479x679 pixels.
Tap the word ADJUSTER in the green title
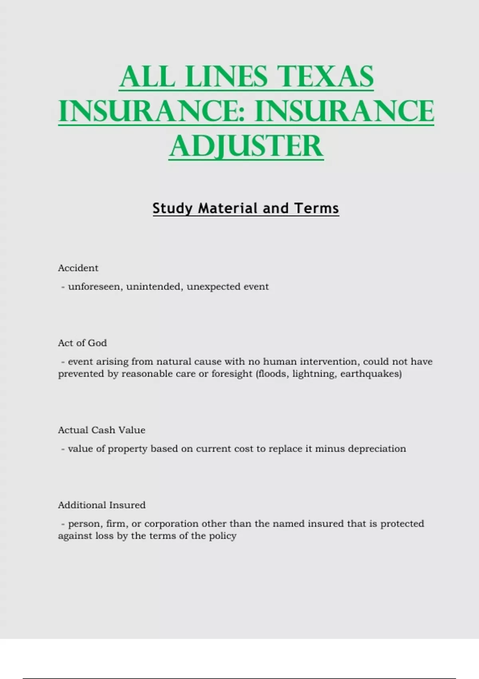click(x=246, y=146)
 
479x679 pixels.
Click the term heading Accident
click(x=78, y=268)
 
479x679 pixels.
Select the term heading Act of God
click(x=82, y=343)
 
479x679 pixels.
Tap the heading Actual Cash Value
click(x=101, y=430)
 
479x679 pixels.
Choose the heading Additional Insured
click(x=101, y=505)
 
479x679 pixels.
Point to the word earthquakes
click(x=369, y=374)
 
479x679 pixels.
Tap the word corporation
click(x=171, y=524)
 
